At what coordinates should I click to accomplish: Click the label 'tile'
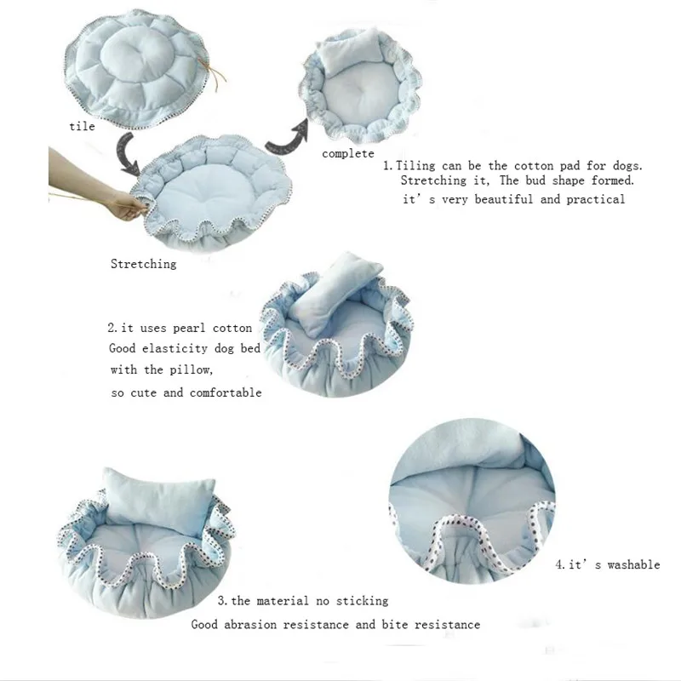(x=83, y=126)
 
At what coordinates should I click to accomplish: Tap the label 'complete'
(x=347, y=153)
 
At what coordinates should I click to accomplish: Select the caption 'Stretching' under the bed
(x=143, y=264)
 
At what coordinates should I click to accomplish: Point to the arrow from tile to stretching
(x=129, y=155)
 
